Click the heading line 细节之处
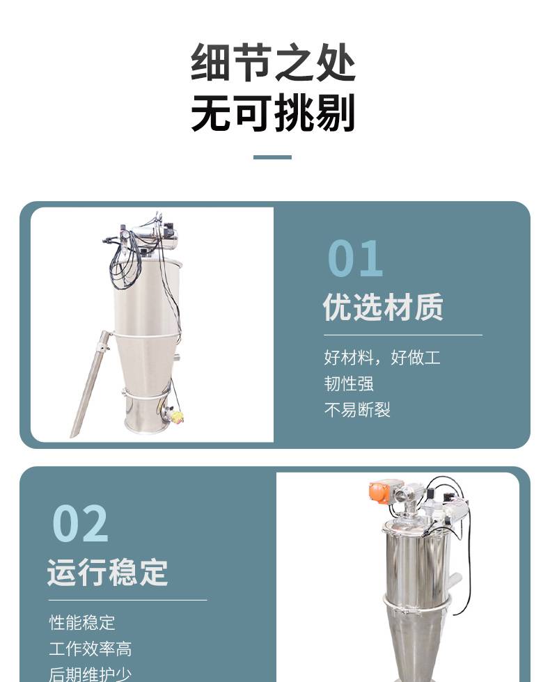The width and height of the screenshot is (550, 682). click(273, 62)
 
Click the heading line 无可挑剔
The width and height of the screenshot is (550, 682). click(273, 112)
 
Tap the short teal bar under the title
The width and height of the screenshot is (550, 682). click(272, 157)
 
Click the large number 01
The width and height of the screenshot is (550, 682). click(355, 258)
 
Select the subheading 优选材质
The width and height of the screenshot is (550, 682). click(383, 307)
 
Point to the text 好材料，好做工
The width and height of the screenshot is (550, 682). click(382, 358)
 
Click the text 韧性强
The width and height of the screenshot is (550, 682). click(349, 383)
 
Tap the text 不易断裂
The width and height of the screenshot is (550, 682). click(356, 410)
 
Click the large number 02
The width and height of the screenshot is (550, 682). click(80, 523)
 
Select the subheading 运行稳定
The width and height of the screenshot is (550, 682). click(107, 572)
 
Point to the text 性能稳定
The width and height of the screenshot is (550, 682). click(82, 622)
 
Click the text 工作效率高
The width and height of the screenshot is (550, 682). click(90, 649)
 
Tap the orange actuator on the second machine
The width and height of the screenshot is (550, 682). click(380, 491)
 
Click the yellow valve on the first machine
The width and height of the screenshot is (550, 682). click(177, 416)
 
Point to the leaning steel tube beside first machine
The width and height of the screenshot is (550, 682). click(90, 383)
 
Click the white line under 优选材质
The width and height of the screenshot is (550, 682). click(403, 335)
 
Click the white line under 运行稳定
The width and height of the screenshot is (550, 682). click(127, 600)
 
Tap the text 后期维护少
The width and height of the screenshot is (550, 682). click(90, 674)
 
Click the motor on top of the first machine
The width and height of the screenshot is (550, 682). click(157, 236)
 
